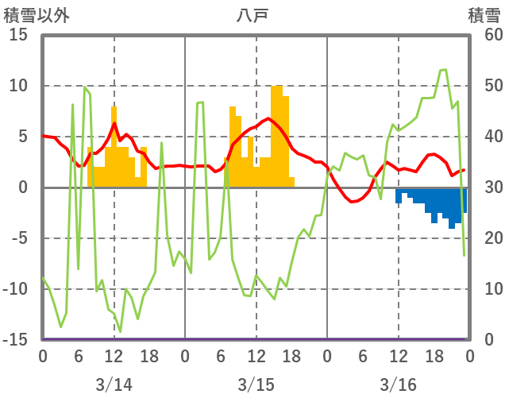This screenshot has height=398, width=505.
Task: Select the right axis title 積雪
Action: pyautogui.click(x=484, y=15)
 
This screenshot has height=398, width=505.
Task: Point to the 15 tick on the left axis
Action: pyautogui.click(x=18, y=36)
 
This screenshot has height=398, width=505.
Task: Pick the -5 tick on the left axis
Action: pyautogui.click(x=18, y=238)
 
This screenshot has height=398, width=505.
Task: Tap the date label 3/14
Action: pyautogui.click(x=114, y=384)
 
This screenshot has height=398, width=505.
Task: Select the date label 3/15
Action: pyautogui.click(x=256, y=384)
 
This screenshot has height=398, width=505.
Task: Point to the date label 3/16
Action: pyautogui.click(x=398, y=384)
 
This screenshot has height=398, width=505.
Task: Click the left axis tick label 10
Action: pyautogui.click(x=18, y=86)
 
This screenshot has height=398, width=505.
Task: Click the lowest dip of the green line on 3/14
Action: pyautogui.click(x=120, y=331)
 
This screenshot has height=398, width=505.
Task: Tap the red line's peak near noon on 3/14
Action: pyautogui.click(x=114, y=123)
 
